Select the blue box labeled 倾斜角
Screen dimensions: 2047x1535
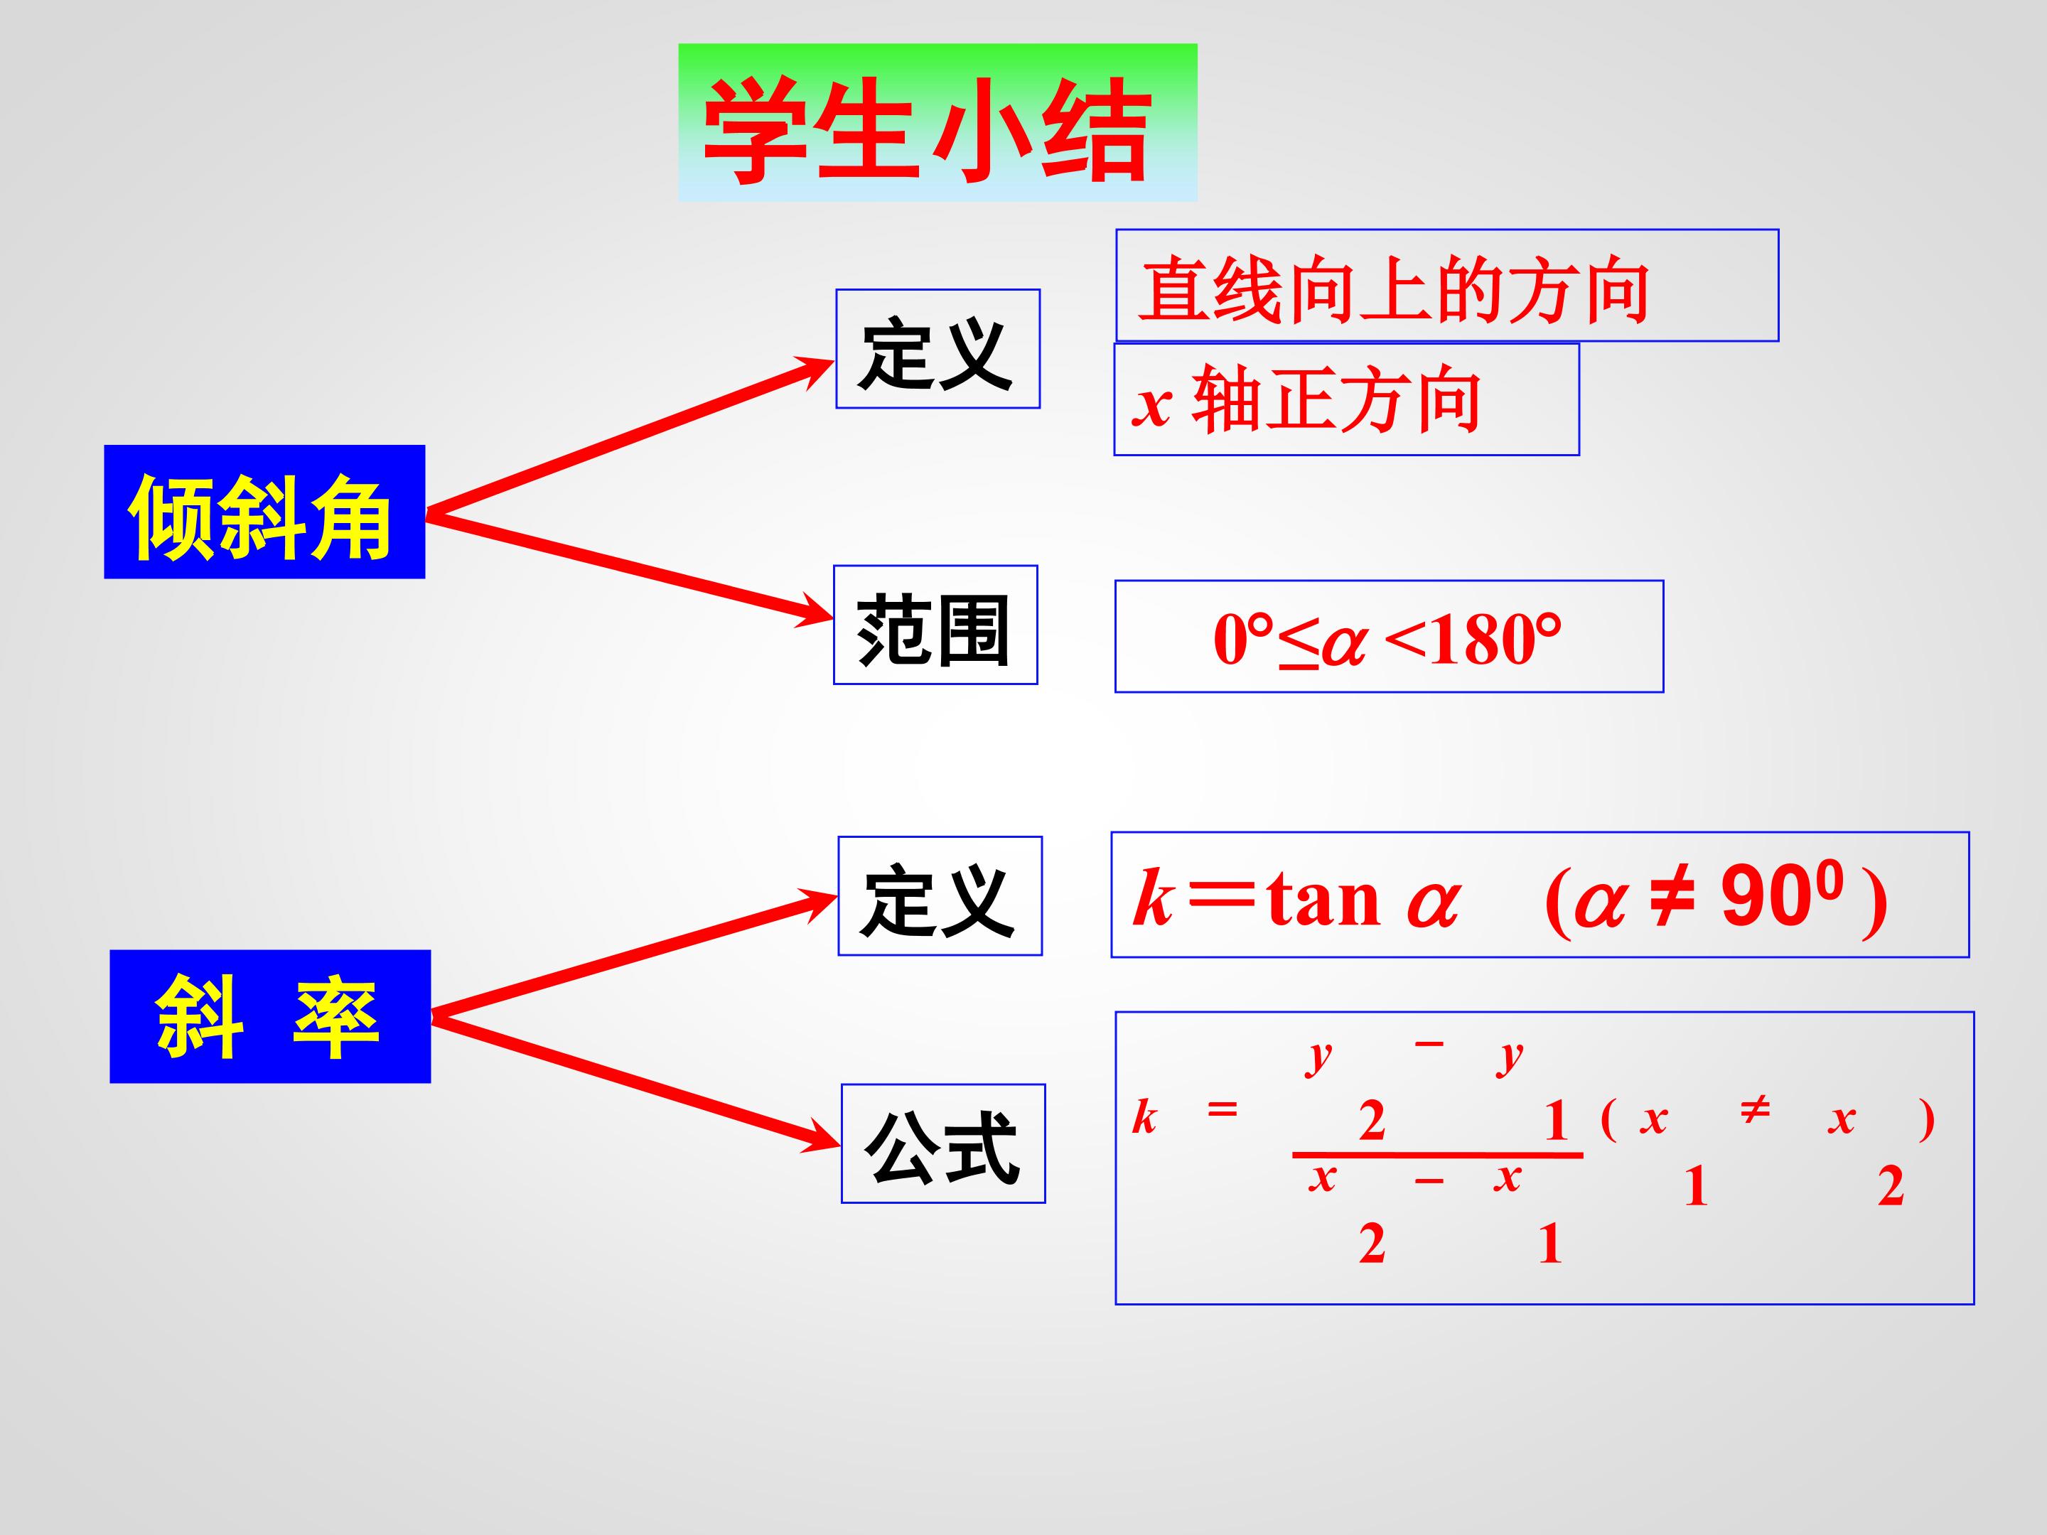pyautogui.click(x=264, y=512)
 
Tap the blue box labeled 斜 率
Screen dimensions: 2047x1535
pyautogui.click(x=270, y=1016)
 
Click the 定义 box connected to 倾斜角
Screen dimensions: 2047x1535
pyautogui.click(x=937, y=349)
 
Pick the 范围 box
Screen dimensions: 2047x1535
pyautogui.click(x=935, y=625)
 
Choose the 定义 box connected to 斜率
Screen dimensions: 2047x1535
pyautogui.click(x=940, y=895)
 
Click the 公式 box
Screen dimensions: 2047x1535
pyautogui.click(x=943, y=1143)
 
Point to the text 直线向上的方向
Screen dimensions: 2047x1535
pyautogui.click(x=1395, y=290)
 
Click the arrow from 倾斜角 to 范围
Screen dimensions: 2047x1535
pyautogui.click(x=630, y=567)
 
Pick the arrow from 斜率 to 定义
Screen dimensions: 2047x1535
pyautogui.click(x=635, y=955)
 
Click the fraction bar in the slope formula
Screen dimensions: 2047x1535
pyautogui.click(x=1437, y=1155)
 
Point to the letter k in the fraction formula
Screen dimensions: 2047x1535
pyautogui.click(x=1145, y=1117)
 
